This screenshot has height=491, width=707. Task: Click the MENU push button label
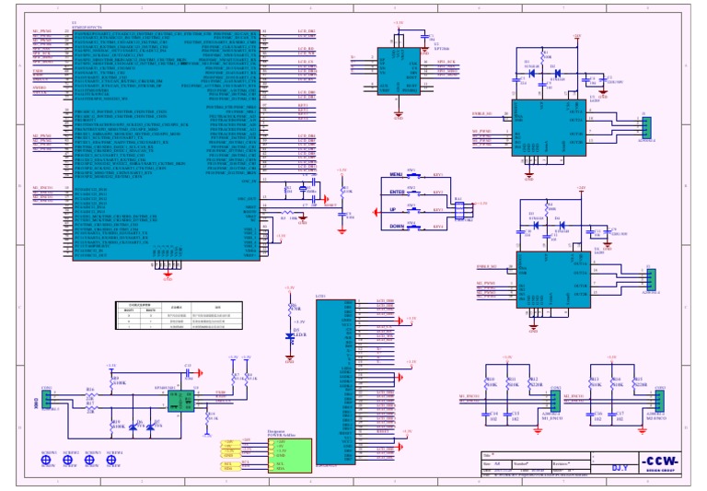click(x=397, y=174)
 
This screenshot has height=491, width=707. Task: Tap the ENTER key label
click(x=397, y=192)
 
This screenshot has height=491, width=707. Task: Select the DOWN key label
click(x=396, y=226)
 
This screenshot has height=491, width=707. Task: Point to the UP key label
click(x=397, y=209)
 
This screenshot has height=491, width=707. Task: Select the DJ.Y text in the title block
click(x=622, y=467)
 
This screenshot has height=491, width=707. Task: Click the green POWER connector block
click(x=288, y=452)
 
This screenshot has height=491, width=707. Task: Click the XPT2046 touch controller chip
click(x=398, y=70)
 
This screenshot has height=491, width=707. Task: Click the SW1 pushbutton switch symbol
click(x=412, y=174)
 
